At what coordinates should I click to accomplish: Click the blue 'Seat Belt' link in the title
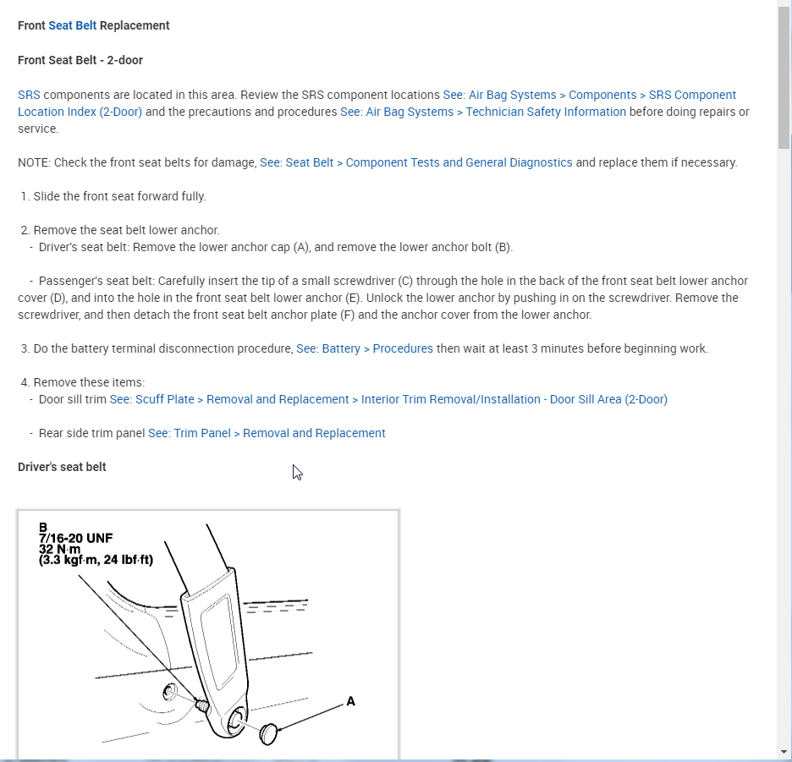tap(72, 25)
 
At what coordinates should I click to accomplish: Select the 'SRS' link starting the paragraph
tap(29, 95)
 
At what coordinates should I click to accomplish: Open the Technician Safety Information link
tap(483, 112)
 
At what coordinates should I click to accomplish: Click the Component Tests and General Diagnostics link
tap(415, 162)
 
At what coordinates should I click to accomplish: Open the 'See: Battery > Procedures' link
tap(364, 348)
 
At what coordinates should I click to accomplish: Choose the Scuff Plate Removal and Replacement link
tap(388, 399)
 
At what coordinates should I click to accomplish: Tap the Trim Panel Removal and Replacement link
tap(267, 433)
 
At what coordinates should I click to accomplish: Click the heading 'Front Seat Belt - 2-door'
tap(80, 60)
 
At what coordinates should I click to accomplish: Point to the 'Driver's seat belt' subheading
tap(62, 467)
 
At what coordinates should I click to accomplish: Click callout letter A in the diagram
tap(351, 701)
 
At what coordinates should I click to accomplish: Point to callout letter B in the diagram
tap(43, 527)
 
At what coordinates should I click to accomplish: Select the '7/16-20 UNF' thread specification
tap(75, 538)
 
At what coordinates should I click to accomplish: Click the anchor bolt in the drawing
tap(202, 704)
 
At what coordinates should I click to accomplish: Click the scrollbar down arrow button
tap(784, 751)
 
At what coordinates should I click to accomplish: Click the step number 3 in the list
tap(25, 348)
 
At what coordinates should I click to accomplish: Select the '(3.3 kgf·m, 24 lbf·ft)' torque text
tap(96, 560)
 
